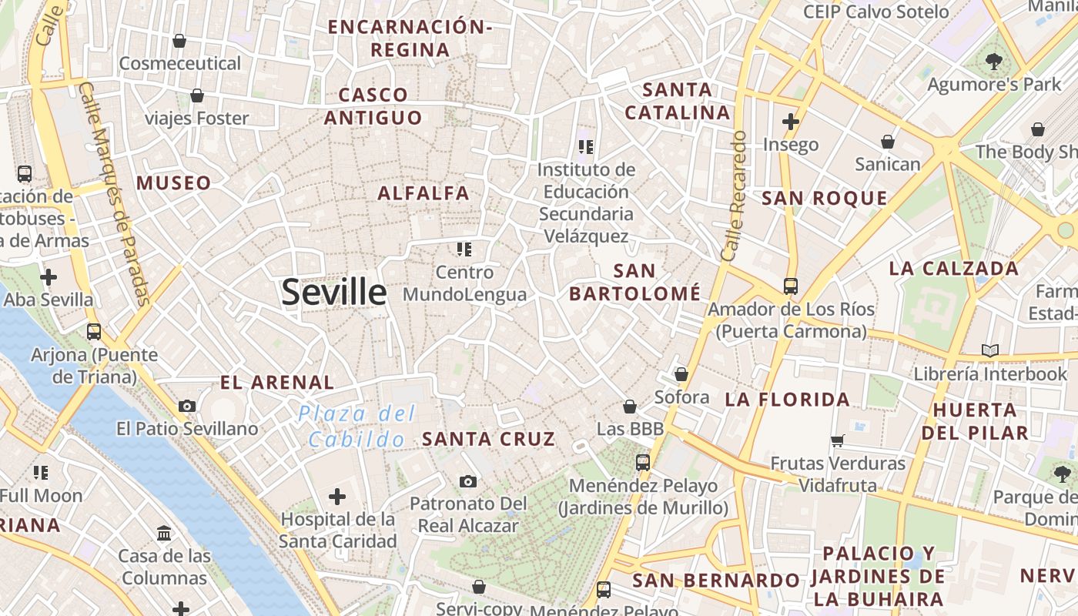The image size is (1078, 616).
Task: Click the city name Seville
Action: pyautogui.click(x=333, y=293)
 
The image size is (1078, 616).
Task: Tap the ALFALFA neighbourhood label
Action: pyautogui.click(x=423, y=193)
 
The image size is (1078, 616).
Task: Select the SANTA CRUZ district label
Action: pyautogui.click(x=488, y=440)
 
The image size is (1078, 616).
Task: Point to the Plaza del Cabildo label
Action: pyautogui.click(x=357, y=427)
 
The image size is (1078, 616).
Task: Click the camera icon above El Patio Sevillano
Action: pyautogui.click(x=187, y=406)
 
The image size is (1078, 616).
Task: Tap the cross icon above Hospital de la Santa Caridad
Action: pyautogui.click(x=337, y=497)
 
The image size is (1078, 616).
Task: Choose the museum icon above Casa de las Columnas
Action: pyautogui.click(x=164, y=533)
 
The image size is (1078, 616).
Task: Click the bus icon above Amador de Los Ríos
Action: pyautogui.click(x=791, y=286)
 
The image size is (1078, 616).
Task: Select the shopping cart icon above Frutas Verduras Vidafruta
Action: pyautogui.click(x=838, y=441)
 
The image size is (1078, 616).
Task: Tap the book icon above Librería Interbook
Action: pyautogui.click(x=990, y=351)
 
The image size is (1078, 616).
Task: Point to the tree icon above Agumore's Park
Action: pyautogui.click(x=994, y=62)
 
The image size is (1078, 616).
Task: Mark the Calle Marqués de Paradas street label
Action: pyautogui.click(x=115, y=192)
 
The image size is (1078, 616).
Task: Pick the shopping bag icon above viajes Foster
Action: pyautogui.click(x=197, y=95)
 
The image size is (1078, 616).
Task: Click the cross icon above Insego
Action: pyautogui.click(x=791, y=122)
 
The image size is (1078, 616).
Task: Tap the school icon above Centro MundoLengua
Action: pyautogui.click(x=464, y=249)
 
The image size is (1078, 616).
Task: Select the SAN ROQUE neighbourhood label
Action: pyautogui.click(x=824, y=199)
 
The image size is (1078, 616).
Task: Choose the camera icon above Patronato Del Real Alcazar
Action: pyautogui.click(x=468, y=481)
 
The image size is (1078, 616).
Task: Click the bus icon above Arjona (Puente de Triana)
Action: pyautogui.click(x=94, y=332)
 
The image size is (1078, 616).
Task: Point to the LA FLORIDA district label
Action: pyautogui.click(x=787, y=400)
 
